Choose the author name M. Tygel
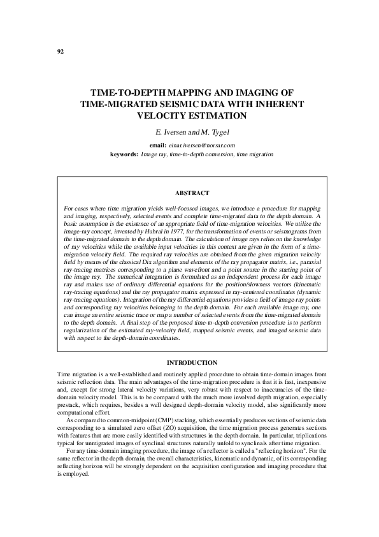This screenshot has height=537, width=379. [x=209, y=132]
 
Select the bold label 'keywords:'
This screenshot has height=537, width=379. [x=124, y=154]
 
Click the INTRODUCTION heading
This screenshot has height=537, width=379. [x=191, y=363]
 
